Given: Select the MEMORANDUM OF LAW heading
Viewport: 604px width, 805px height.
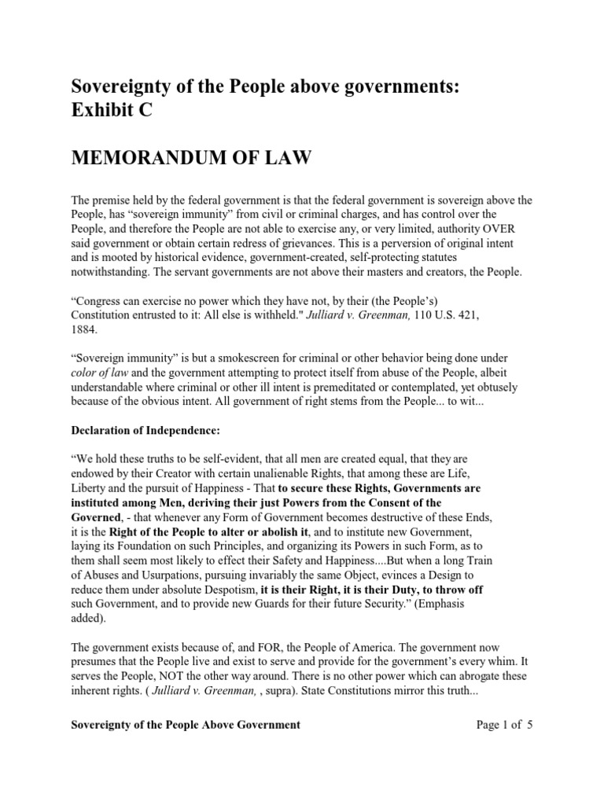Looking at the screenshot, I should tap(192, 160).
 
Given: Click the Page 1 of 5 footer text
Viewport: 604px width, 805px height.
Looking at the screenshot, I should tap(505, 724).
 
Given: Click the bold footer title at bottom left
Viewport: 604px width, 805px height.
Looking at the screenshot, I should tap(186, 724).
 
